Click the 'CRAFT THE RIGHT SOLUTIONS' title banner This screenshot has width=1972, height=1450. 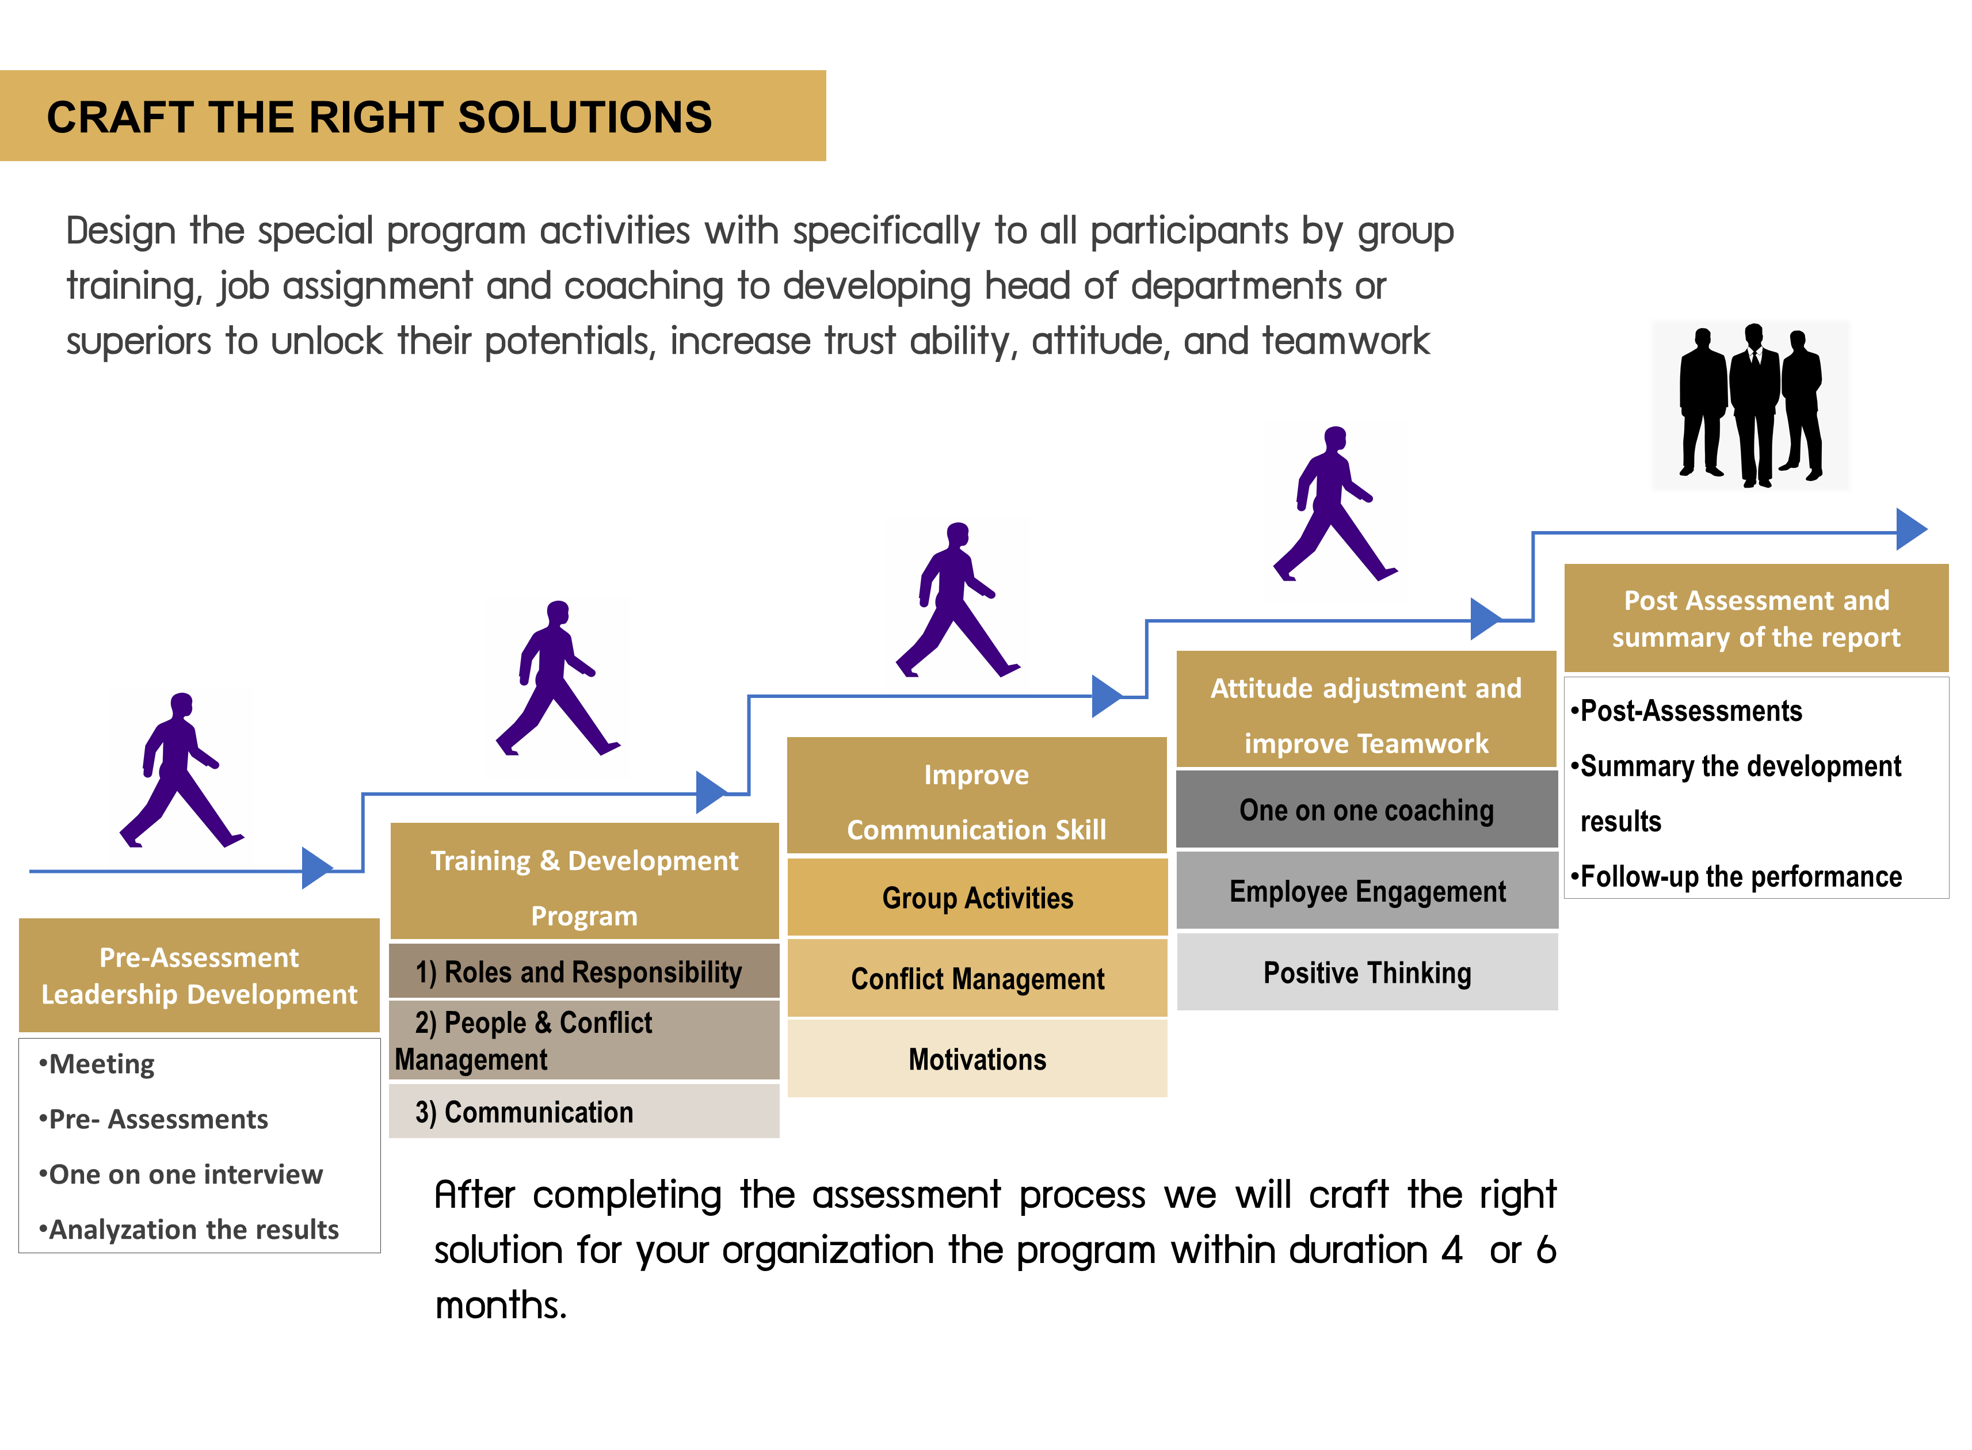pos(413,116)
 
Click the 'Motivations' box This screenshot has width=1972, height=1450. pos(977,1059)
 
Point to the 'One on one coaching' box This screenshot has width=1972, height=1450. pos(1367,809)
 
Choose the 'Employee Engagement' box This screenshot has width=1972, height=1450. pos(1367,891)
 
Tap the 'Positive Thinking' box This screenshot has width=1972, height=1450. pos(1367,972)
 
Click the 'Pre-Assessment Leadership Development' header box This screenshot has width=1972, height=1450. pos(199,975)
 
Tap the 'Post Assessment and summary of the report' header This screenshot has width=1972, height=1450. pos(1756,618)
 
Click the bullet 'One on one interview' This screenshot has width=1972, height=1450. pos(181,1174)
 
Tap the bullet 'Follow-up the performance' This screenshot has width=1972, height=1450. pos(1736,876)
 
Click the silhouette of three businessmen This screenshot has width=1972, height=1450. pos(1751,405)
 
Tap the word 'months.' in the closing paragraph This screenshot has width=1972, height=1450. pos(501,1305)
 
